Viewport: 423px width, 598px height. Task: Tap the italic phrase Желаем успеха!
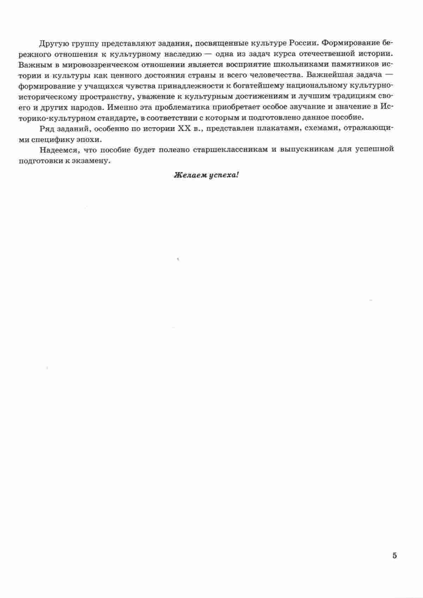coord(206,175)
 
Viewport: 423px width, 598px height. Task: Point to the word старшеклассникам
coord(231,149)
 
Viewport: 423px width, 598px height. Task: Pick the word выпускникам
coord(306,149)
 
